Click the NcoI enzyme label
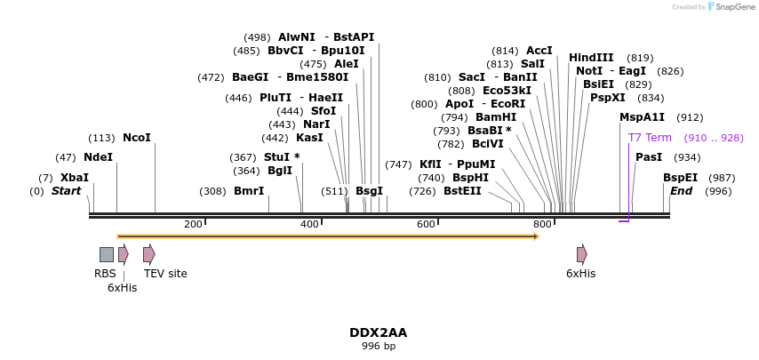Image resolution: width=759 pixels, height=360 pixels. click(137, 138)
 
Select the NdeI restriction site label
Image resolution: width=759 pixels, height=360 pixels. click(98, 157)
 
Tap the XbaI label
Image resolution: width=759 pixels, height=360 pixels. click(75, 178)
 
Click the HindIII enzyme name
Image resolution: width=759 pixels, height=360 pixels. click(591, 58)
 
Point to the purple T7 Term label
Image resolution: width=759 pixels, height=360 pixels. click(650, 138)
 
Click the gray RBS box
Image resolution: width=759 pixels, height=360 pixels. click(107, 254)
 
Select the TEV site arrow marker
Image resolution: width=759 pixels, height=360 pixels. click(148, 254)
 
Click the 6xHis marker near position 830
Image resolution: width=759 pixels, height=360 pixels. click(581, 254)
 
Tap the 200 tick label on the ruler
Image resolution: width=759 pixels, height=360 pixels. click(193, 224)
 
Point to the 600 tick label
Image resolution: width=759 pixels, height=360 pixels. click(426, 224)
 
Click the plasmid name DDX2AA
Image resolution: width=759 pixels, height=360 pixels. click(379, 332)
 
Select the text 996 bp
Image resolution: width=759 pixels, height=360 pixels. click(379, 346)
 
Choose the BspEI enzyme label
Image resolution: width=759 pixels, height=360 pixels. click(680, 178)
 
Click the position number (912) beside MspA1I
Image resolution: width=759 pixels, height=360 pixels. click(690, 117)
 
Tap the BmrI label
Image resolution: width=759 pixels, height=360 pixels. click(249, 191)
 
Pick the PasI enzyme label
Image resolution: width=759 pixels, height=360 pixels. click(649, 157)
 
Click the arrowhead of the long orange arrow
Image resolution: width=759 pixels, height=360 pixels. click(535, 236)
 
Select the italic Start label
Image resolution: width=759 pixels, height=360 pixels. click(66, 191)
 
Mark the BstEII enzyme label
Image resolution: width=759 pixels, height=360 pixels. click(462, 191)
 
